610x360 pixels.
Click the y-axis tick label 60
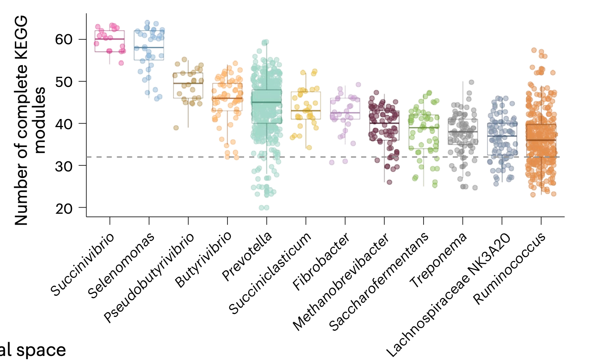(64, 39)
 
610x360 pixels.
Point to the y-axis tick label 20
(64, 208)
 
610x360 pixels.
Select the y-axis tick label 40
(64, 124)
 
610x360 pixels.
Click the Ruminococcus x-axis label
(510, 269)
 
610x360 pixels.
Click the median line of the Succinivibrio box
(110, 39)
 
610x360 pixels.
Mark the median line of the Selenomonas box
(149, 48)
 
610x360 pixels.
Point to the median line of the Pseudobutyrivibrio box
(188, 84)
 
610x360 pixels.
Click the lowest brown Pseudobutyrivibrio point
(176, 128)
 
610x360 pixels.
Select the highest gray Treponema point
(472, 82)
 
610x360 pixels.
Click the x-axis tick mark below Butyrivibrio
(227, 221)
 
